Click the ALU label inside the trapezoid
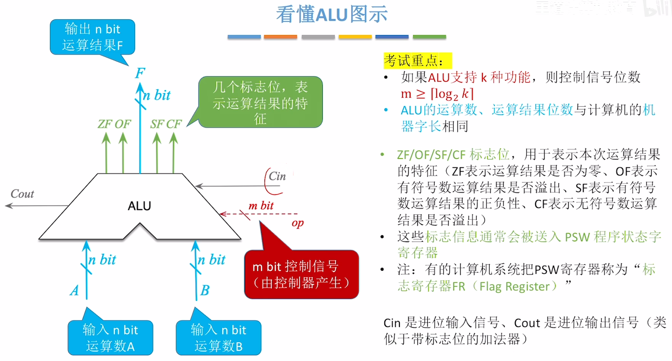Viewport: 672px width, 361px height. (139, 206)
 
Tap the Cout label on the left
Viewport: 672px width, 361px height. (22, 194)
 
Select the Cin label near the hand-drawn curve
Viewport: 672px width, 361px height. (277, 176)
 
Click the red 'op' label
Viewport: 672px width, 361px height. (298, 223)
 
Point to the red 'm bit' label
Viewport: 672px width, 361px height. (261, 206)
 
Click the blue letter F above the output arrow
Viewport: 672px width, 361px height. (140, 73)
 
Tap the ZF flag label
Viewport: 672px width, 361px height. (105, 124)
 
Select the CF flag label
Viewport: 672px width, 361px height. (174, 124)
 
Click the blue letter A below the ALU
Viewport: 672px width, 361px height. (75, 291)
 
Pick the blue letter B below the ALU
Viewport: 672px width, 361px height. (205, 291)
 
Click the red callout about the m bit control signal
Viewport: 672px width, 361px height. (301, 275)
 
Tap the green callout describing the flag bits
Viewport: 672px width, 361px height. (260, 102)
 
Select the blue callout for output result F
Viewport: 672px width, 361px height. (92, 37)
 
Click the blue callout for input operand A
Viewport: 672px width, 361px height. (110, 338)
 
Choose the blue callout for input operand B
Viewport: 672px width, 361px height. (218, 338)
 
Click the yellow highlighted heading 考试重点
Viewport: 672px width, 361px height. (417, 61)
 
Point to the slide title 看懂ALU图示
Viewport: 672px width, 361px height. (332, 15)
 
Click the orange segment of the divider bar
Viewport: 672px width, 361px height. (280, 37)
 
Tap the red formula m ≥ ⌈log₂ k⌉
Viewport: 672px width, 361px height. (437, 94)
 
